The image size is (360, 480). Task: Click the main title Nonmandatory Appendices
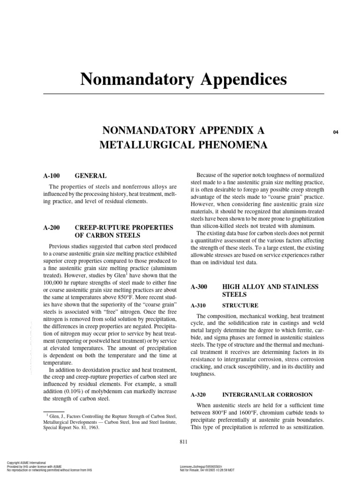point(184,79)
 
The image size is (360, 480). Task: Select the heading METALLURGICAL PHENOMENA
point(183,145)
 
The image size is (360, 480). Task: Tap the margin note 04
point(335,132)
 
